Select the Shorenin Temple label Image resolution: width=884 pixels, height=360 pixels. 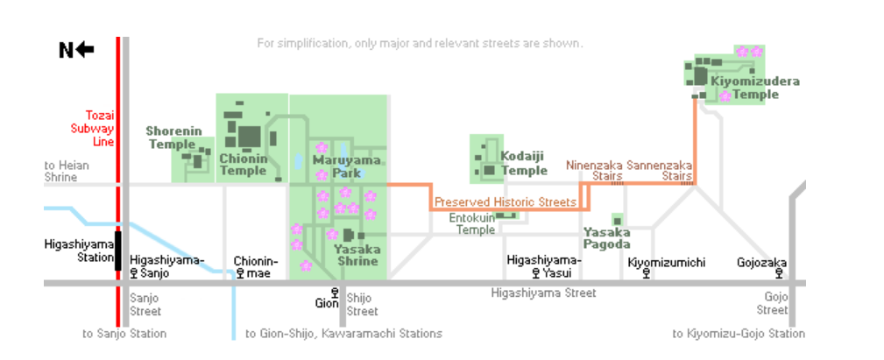[171, 138]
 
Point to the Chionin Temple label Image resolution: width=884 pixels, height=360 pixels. [243, 165]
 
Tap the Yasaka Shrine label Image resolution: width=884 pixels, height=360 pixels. [357, 255]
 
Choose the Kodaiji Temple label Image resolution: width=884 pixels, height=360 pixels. [524, 163]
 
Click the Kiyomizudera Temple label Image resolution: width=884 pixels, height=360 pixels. [755, 88]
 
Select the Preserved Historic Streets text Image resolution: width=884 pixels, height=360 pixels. [506, 202]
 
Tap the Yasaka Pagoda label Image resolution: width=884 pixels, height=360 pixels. [607, 238]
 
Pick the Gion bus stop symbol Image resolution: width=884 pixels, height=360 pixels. [334, 293]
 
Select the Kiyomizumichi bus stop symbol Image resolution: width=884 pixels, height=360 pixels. [646, 273]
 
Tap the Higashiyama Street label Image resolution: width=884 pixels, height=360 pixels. [543, 293]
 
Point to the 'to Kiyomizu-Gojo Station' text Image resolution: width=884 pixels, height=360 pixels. [738, 334]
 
